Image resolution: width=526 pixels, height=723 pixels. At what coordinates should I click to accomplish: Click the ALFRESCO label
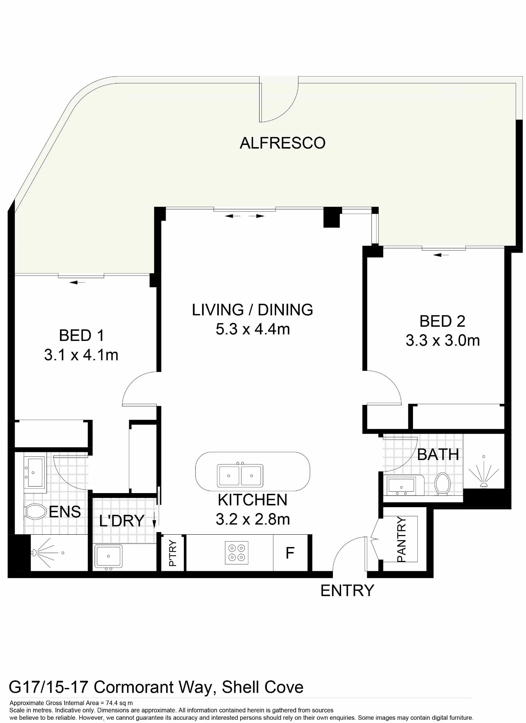[x=282, y=143]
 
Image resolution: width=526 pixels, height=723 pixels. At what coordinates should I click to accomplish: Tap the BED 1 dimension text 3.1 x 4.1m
[x=81, y=355]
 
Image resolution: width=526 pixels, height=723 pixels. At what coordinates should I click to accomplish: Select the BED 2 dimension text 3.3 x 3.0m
[x=443, y=341]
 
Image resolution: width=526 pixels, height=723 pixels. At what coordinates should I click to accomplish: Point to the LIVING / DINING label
[x=252, y=310]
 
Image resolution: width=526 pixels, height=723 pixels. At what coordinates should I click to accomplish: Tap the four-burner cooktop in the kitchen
[x=237, y=553]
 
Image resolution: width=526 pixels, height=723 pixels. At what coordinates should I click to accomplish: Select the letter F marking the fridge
[x=290, y=553]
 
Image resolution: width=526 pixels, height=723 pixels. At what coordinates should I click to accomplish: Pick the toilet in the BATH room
[x=443, y=484]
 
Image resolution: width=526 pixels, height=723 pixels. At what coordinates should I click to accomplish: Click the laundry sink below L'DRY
[x=108, y=556]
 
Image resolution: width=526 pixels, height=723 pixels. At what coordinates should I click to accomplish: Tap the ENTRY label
[x=347, y=591]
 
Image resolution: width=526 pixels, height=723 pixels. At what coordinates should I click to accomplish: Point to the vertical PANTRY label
[x=401, y=539]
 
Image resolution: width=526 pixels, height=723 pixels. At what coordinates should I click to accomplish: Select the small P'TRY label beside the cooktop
[x=173, y=553]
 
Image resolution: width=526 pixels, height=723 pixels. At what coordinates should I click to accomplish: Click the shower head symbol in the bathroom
[x=484, y=471]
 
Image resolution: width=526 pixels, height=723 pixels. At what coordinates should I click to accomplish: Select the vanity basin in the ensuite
[x=35, y=472]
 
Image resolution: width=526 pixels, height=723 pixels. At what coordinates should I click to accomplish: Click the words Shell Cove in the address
[x=262, y=687]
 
